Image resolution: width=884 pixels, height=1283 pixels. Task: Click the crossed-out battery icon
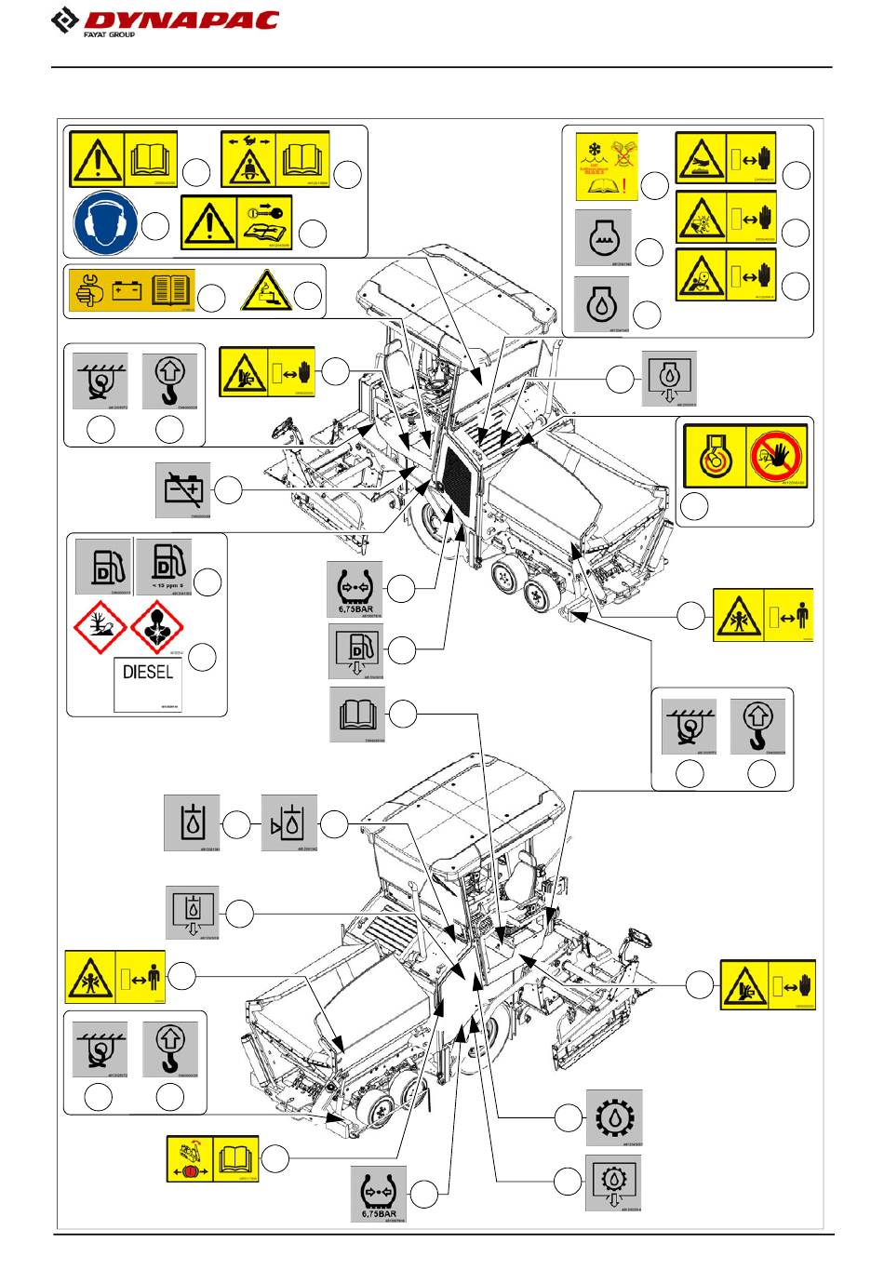(182, 488)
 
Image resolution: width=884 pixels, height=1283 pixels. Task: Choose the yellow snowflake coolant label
(606, 167)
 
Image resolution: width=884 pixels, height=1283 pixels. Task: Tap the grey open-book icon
(357, 715)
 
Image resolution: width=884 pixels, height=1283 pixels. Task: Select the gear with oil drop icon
(613, 1116)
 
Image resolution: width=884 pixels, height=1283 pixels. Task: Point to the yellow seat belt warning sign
(275, 159)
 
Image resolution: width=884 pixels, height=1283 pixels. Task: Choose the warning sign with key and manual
(236, 222)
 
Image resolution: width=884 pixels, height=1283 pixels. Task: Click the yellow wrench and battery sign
(130, 292)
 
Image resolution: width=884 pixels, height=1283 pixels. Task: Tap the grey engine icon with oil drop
(602, 303)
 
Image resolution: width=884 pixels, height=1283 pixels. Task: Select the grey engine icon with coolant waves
(603, 238)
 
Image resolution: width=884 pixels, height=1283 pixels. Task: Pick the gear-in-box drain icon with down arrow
(613, 1183)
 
